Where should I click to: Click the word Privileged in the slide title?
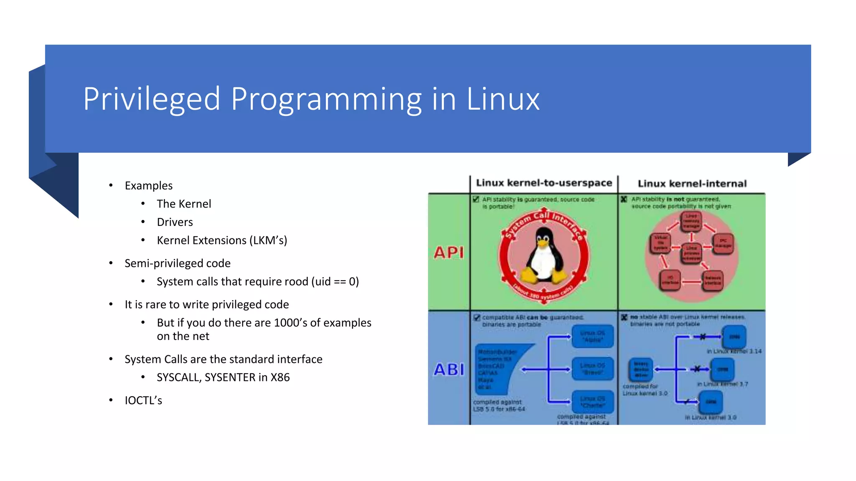151,99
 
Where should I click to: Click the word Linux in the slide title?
503,99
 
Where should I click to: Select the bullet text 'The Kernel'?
184,204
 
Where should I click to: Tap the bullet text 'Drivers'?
175,222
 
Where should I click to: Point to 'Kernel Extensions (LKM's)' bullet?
222,240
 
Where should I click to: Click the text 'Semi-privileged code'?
178,263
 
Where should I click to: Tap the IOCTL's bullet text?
143,400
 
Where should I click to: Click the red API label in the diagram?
449,253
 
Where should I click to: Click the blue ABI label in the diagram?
449,370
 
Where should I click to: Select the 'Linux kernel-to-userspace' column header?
544,183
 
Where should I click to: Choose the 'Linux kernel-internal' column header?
692,184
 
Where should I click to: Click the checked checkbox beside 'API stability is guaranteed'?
476,199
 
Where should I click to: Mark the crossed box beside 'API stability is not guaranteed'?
624,199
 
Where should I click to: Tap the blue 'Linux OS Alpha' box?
592,337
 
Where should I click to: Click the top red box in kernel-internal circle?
691,221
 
